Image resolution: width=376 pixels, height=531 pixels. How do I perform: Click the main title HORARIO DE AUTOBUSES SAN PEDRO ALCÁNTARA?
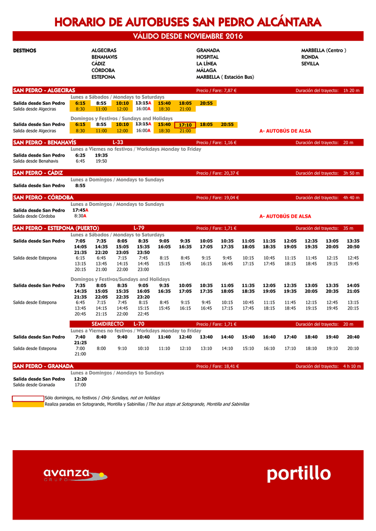pyautogui.click(x=188, y=22)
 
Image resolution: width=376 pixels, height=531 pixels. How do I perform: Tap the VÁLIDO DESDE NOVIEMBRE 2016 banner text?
pyautogui.click(x=188, y=36)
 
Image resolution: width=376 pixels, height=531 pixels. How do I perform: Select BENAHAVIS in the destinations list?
pyautogui.click(x=104, y=57)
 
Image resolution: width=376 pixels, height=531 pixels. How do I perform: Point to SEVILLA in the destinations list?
pyautogui.click(x=310, y=64)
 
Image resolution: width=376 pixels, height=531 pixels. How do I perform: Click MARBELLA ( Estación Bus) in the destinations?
pyautogui.click(x=225, y=77)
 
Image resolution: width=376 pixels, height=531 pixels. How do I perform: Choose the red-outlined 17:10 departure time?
pyautogui.click(x=185, y=125)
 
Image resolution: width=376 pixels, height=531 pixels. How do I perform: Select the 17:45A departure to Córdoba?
pyautogui.click(x=80, y=210)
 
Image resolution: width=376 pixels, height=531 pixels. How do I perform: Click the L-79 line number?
pyautogui.click(x=139, y=228)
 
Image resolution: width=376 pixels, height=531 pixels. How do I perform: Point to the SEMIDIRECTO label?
pyautogui.click(x=107, y=324)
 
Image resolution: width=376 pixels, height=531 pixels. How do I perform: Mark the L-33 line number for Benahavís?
pyautogui.click(x=118, y=143)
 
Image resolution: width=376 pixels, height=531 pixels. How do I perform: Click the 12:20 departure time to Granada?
pyautogui.click(x=80, y=379)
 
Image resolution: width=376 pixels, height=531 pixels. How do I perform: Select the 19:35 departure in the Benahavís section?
pyautogui.click(x=101, y=155)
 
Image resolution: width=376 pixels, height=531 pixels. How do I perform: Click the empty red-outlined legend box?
pyautogui.click(x=29, y=398)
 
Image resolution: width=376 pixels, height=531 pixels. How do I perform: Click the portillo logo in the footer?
pyautogui.click(x=299, y=473)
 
